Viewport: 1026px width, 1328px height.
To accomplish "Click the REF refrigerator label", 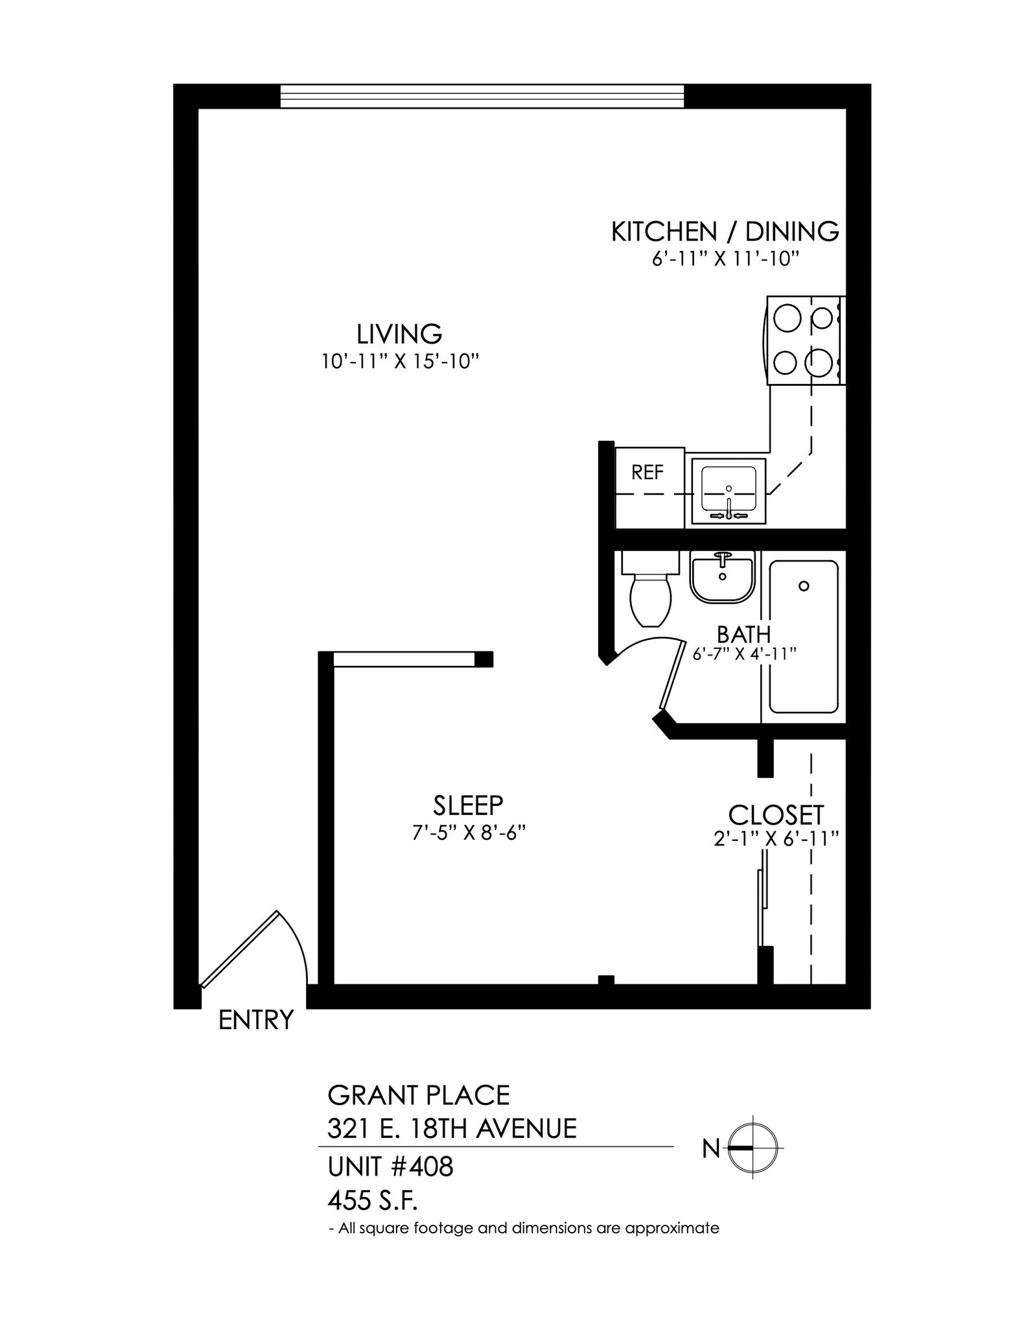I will tap(647, 473).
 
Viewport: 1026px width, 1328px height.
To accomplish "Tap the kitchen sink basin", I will tap(729, 491).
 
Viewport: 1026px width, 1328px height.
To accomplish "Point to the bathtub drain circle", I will tap(804, 586).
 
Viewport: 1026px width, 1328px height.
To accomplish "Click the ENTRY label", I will tap(256, 1021).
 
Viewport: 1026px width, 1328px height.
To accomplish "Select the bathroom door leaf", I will tap(673, 674).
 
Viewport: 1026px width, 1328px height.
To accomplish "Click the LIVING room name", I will tap(399, 334).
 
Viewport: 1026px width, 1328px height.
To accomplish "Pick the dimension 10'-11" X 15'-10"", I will tap(400, 361).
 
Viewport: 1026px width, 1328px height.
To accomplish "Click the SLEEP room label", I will tap(468, 805).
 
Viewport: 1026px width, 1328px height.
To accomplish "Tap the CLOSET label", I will tap(776, 815).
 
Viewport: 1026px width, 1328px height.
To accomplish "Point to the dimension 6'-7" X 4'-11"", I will tap(744, 654).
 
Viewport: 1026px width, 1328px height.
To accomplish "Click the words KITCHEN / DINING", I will tap(725, 231).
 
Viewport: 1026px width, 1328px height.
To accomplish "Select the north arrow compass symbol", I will tap(752, 1148).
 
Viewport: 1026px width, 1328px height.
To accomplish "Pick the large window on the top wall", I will tap(482, 97).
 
